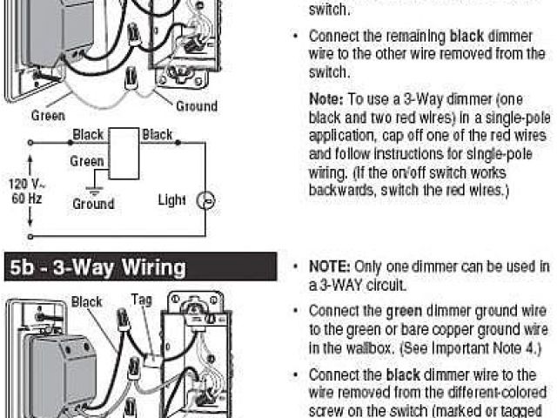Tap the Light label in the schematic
[171, 200]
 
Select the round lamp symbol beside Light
[207, 200]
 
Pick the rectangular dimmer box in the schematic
[124, 153]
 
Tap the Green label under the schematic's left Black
[87, 161]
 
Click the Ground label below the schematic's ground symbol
[93, 204]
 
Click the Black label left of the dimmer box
[88, 135]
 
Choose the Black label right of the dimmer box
[158, 135]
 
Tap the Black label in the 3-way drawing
[87, 302]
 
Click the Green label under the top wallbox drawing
[48, 115]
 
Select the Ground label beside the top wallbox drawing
[197, 106]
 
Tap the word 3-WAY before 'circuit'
[344, 285]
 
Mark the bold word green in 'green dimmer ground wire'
[405, 310]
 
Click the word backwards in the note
[342, 191]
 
